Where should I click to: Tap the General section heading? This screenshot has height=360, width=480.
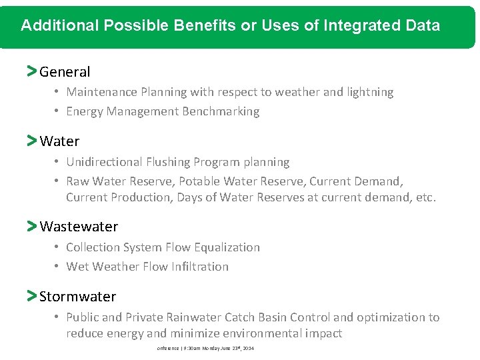65,71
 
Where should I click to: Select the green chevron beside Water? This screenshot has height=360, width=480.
31,141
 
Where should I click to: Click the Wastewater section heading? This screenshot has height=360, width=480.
79,227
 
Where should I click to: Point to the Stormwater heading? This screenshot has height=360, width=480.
77,297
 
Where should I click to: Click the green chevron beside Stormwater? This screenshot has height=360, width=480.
31,296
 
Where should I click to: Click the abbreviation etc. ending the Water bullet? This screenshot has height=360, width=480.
425,197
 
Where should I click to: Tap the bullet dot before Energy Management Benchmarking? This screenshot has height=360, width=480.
58,111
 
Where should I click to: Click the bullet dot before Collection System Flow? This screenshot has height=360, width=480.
58,247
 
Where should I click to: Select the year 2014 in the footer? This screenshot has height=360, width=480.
249,349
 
